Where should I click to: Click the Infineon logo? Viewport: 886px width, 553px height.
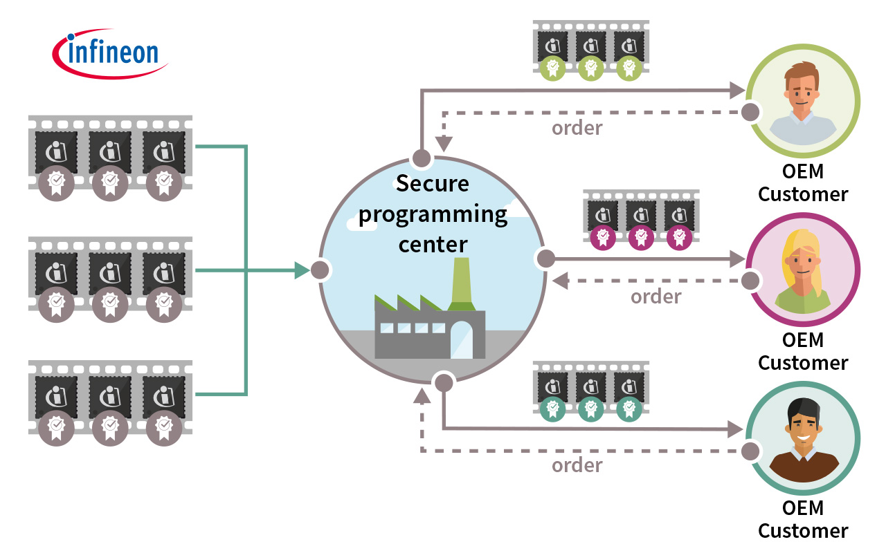coord(110,53)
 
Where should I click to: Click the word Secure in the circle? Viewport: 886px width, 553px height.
coord(432,184)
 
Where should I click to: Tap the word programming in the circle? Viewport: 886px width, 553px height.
coord(433,214)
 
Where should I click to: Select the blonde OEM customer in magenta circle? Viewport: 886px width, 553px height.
coord(803,270)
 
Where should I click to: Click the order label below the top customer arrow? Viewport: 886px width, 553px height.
coord(577,129)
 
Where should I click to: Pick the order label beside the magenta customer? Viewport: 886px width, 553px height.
coord(656,297)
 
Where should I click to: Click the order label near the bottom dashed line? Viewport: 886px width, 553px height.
coord(577,465)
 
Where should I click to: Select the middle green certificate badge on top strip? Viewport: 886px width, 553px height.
coord(590,68)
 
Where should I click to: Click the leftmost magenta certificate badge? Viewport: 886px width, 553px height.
coord(603,237)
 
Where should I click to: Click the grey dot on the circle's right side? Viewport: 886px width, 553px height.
coord(545,259)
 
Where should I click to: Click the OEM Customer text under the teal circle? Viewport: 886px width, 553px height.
coord(803,520)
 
